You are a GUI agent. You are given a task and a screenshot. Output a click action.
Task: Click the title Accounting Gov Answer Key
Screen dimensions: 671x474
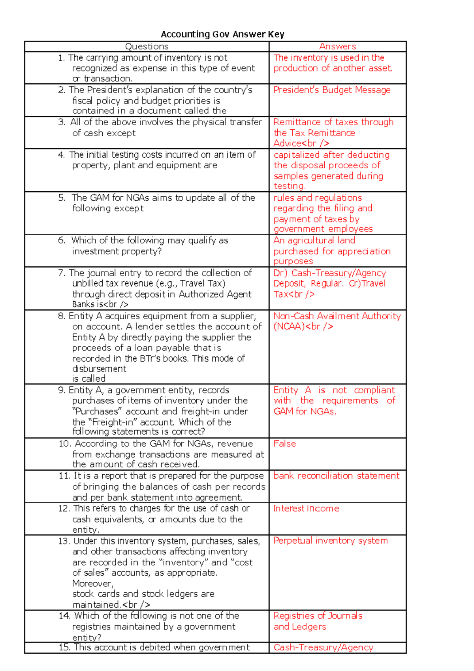click(x=222, y=34)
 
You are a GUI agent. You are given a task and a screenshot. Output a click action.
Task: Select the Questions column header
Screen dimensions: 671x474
click(x=147, y=47)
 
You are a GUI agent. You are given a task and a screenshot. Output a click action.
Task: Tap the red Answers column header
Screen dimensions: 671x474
click(x=337, y=47)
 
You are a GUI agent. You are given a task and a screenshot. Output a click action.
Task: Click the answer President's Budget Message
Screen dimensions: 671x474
click(x=332, y=90)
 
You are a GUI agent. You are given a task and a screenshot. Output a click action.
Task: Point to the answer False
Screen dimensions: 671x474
click(x=284, y=444)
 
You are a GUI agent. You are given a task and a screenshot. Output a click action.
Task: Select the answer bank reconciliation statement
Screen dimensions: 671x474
click(x=336, y=476)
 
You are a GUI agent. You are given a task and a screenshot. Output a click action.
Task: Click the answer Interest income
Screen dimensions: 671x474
click(x=306, y=509)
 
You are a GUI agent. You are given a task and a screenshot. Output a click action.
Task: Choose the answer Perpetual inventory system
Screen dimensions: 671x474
click(x=330, y=541)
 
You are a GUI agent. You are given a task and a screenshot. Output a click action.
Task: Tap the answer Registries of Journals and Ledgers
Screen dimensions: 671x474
click(x=318, y=621)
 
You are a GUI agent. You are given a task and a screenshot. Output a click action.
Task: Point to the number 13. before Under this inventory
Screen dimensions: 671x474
click(x=64, y=541)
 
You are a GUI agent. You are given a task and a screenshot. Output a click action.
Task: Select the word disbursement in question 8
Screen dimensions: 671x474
click(x=99, y=369)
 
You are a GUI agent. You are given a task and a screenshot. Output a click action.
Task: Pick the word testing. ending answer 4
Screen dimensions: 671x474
click(x=290, y=186)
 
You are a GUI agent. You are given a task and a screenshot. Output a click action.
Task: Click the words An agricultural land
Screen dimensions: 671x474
click(x=314, y=240)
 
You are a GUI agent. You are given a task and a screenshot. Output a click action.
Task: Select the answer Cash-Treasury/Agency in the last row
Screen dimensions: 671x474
click(x=323, y=647)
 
